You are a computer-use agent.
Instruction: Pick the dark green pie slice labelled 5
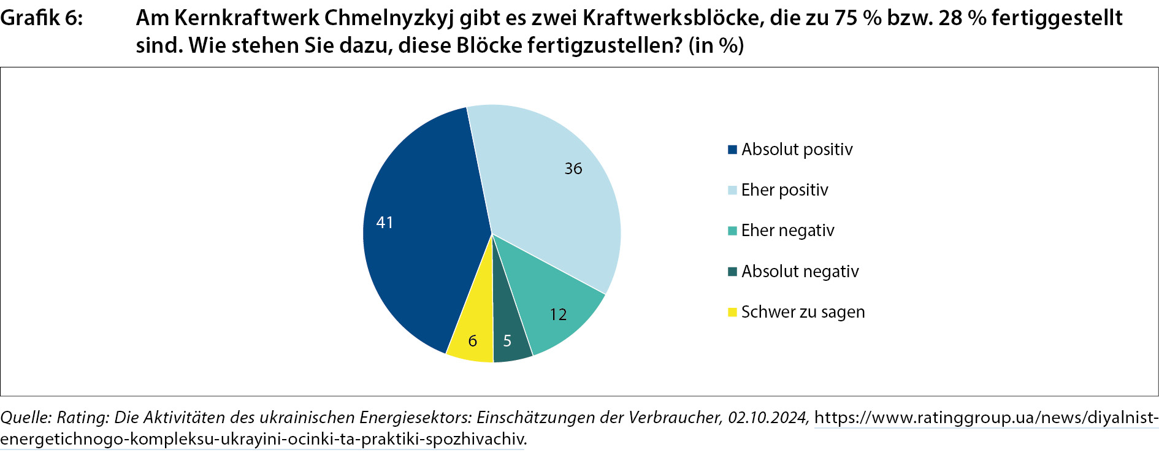[510, 331]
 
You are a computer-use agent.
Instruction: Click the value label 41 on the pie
[384, 223]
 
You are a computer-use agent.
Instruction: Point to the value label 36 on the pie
[573, 169]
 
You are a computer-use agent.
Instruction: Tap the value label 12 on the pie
[558, 315]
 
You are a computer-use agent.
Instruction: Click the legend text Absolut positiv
[797, 150]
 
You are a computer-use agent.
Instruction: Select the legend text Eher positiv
[784, 190]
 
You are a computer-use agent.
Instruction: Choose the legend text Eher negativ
[787, 231]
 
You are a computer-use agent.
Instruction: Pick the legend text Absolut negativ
[800, 272]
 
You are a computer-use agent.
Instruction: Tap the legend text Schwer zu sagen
[803, 312]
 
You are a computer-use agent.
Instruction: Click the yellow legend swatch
[732, 312]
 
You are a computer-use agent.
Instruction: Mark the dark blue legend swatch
[732, 150]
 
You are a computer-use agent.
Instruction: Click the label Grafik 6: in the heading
[42, 18]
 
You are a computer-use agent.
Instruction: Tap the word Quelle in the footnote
[25, 418]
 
